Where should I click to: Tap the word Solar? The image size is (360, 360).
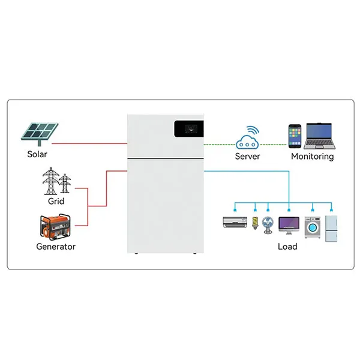coord(37,155)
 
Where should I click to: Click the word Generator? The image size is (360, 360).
coord(56,247)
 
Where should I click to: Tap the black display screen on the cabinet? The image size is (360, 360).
coord(188,128)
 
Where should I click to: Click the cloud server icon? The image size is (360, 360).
coord(247,139)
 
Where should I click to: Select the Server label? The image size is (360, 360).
coord(247,157)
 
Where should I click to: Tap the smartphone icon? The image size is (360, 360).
coord(295,136)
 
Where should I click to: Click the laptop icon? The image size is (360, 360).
coord(318,136)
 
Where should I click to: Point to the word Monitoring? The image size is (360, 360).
coord(312,157)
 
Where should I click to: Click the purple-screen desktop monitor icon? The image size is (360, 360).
coord(289,226)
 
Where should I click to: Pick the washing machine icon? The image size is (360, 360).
coord(312,227)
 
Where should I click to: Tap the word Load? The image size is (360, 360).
coord(287,247)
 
